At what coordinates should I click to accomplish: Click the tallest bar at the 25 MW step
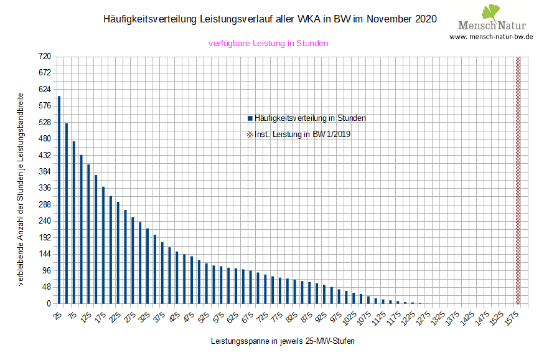[x=59, y=199]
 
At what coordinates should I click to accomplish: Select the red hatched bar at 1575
[x=518, y=181]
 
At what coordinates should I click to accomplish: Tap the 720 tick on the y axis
[x=44, y=57]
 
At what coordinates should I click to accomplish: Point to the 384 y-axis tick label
[x=44, y=172]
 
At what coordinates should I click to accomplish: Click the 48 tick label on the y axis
[x=46, y=288]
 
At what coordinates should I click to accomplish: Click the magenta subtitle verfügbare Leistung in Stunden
[x=268, y=44]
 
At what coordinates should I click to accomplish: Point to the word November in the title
[x=389, y=19]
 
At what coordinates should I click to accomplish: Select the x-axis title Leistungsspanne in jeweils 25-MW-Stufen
[x=283, y=341]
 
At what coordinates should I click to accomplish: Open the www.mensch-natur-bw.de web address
[x=491, y=37]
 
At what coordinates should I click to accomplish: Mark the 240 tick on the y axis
[x=44, y=221]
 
